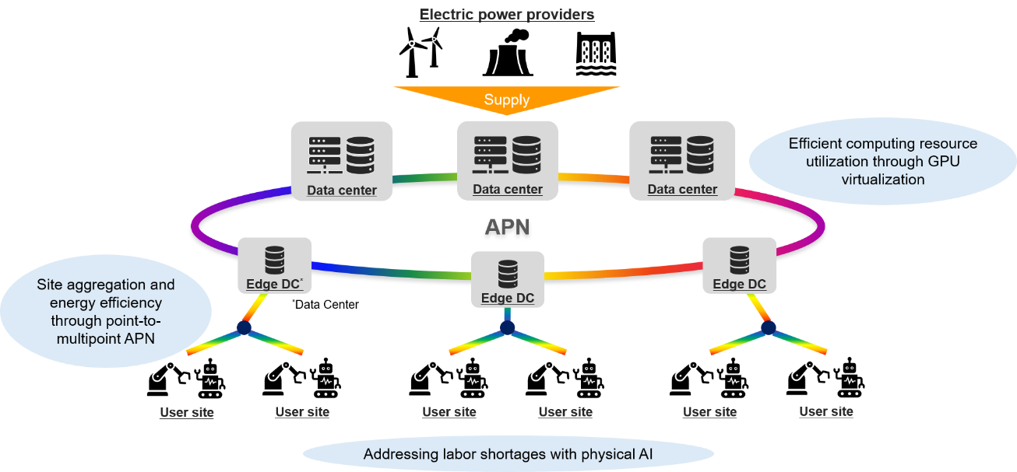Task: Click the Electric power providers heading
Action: (507, 15)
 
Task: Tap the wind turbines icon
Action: (421, 52)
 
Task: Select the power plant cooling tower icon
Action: (508, 53)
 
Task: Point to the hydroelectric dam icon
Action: (596, 54)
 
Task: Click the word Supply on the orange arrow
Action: (507, 100)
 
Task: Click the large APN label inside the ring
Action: (507, 227)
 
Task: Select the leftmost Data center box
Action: (341, 161)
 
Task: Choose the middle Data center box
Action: (508, 160)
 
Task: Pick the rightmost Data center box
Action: (682, 160)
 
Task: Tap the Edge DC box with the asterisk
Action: (275, 266)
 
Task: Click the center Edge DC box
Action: (508, 280)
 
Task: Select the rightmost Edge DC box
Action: (739, 266)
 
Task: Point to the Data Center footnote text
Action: (326, 304)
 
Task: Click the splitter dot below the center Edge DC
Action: (507, 327)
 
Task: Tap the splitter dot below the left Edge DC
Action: (245, 327)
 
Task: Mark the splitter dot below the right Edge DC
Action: (768, 327)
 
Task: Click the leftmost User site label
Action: (187, 412)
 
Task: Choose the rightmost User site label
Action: (826, 411)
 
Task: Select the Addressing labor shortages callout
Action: (508, 454)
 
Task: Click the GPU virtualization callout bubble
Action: (882, 162)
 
